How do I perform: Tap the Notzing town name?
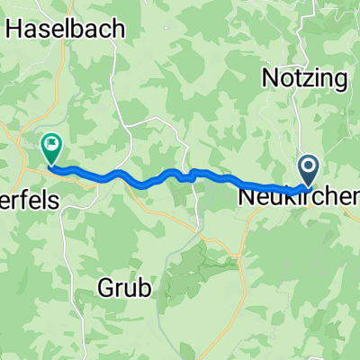304,77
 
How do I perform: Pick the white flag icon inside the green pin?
50,142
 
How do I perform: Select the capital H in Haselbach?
15,28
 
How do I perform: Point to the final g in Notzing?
339,80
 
